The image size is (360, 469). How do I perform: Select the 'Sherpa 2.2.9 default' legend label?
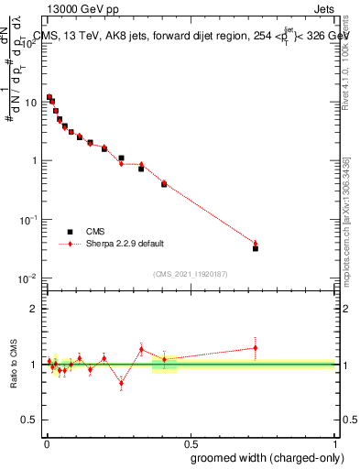125,244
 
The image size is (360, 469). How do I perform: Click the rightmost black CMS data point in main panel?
256,248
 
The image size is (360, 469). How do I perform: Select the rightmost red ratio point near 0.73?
256,348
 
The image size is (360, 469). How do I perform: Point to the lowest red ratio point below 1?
121,384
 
